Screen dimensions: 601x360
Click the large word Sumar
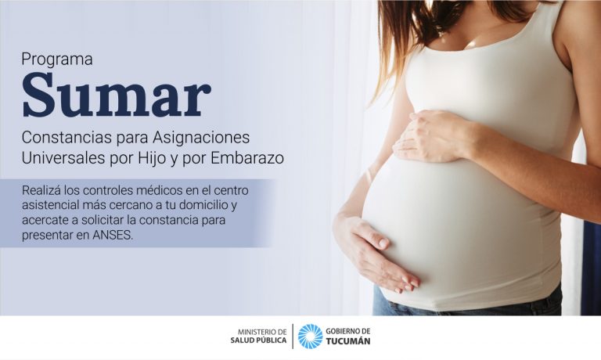click(116, 95)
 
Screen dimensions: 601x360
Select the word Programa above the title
click(57, 59)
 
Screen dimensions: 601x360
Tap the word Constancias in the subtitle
click(67, 137)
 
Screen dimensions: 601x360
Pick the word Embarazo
click(247, 158)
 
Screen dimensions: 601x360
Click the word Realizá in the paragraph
click(41, 189)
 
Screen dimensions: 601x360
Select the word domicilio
click(205, 205)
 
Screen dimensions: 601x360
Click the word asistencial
click(50, 205)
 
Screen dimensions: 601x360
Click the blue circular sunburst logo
click(311, 337)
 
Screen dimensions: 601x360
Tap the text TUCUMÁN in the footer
click(348, 341)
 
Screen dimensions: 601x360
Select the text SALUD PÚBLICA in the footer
click(258, 340)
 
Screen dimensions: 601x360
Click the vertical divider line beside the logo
click(293, 337)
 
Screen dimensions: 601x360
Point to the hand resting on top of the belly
click(433, 136)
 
